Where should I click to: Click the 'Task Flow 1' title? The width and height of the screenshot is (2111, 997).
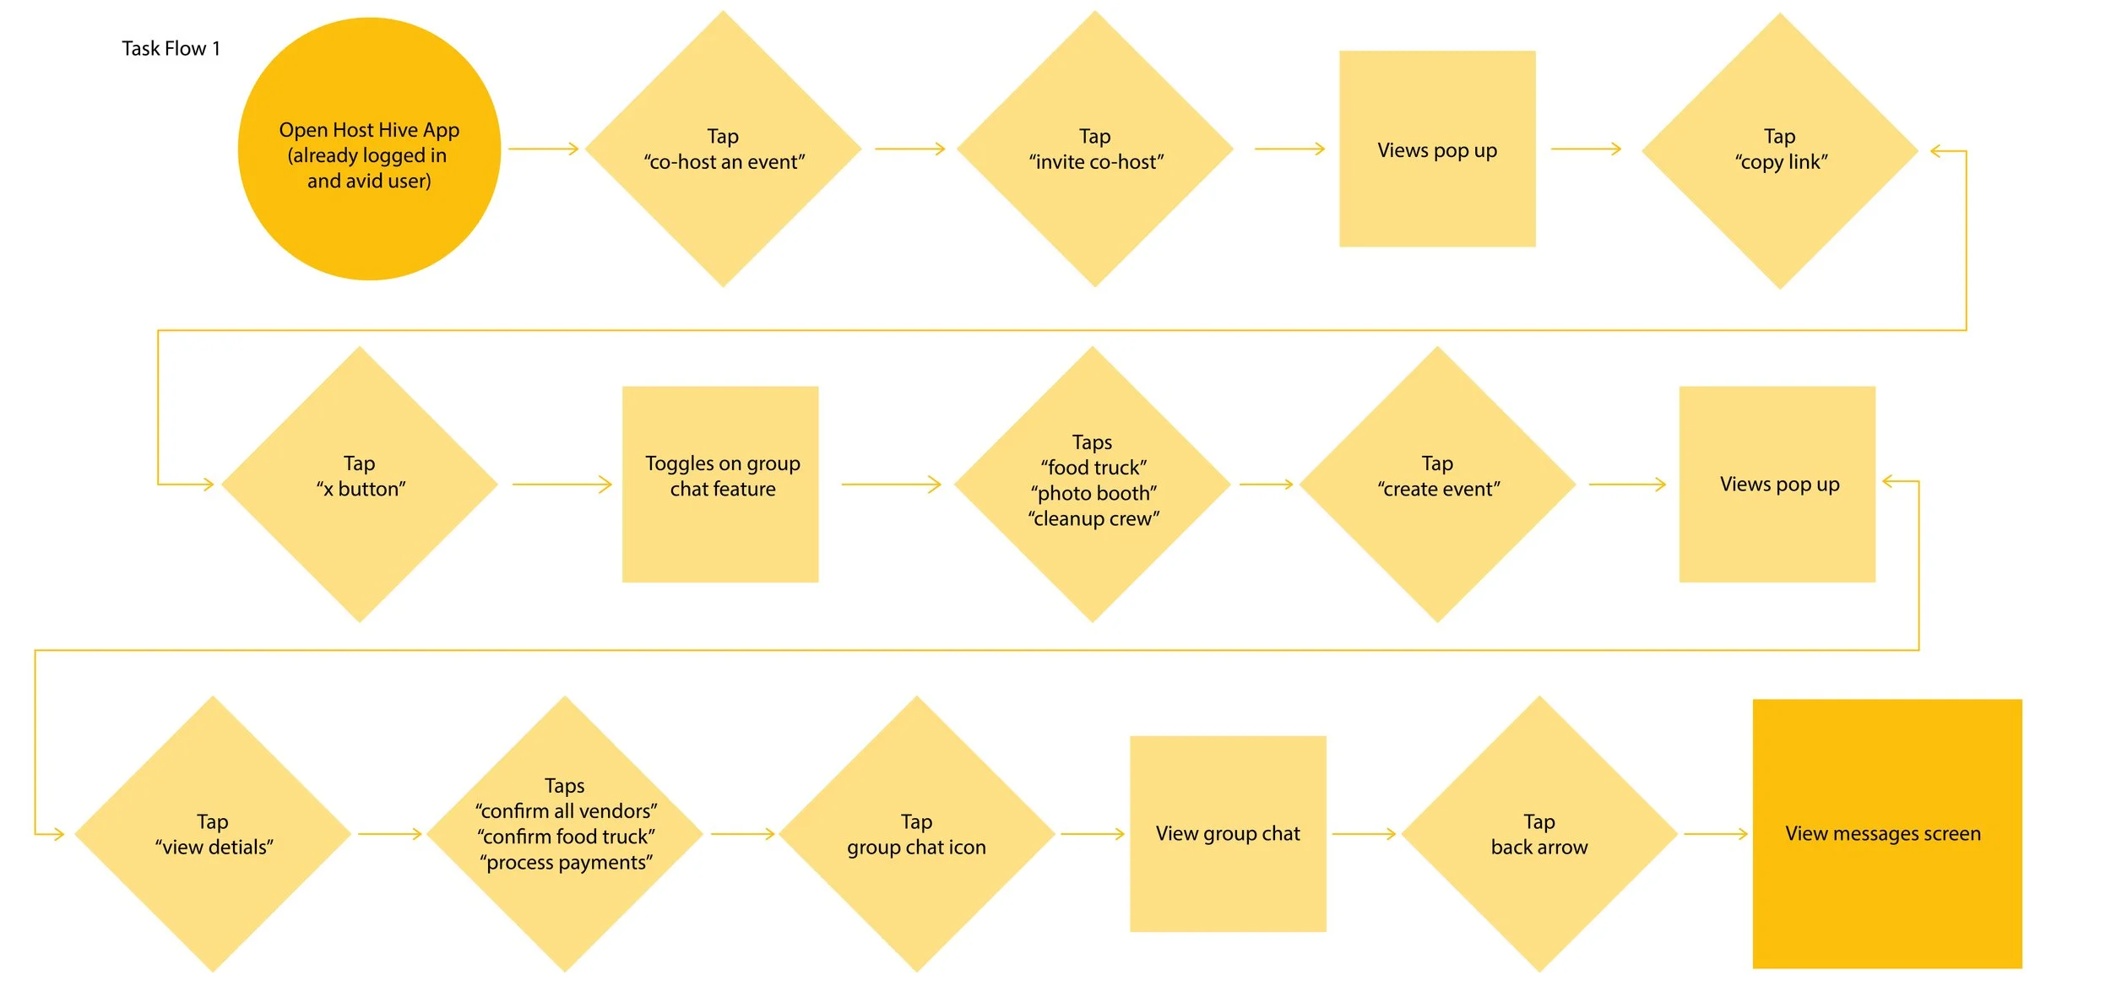(x=171, y=49)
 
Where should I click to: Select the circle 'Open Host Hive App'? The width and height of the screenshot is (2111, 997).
(x=369, y=149)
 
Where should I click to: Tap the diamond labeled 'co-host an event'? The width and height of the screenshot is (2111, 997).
(x=723, y=149)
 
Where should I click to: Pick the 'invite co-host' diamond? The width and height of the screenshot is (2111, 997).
(x=1094, y=149)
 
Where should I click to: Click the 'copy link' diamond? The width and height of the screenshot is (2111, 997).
(x=1780, y=151)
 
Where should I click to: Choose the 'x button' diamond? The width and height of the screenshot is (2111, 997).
(x=360, y=484)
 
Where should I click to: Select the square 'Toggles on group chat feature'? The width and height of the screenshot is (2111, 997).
(x=720, y=484)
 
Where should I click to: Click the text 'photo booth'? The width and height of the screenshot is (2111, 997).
(x=1093, y=493)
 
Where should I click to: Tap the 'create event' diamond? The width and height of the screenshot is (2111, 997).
(x=1437, y=484)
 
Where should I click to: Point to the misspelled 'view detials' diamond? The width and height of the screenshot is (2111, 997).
(x=213, y=833)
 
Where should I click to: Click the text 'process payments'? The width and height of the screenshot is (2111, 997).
(x=566, y=862)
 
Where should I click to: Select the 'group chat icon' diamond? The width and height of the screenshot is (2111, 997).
(x=916, y=833)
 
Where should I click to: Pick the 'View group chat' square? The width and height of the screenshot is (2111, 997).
(x=1228, y=833)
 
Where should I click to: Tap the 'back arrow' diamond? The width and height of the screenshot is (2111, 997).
(x=1539, y=833)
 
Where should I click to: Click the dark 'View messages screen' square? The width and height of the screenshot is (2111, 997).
(x=1887, y=833)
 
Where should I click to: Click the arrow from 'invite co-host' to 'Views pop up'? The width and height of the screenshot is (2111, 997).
(x=1289, y=149)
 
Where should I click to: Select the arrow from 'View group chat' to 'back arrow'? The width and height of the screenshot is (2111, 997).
(x=1364, y=834)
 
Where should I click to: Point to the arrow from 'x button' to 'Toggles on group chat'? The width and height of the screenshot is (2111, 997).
(x=562, y=485)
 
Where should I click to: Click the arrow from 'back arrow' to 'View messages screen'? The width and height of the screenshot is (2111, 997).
(x=1716, y=834)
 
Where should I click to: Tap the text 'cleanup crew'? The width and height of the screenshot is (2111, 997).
(x=1093, y=518)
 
